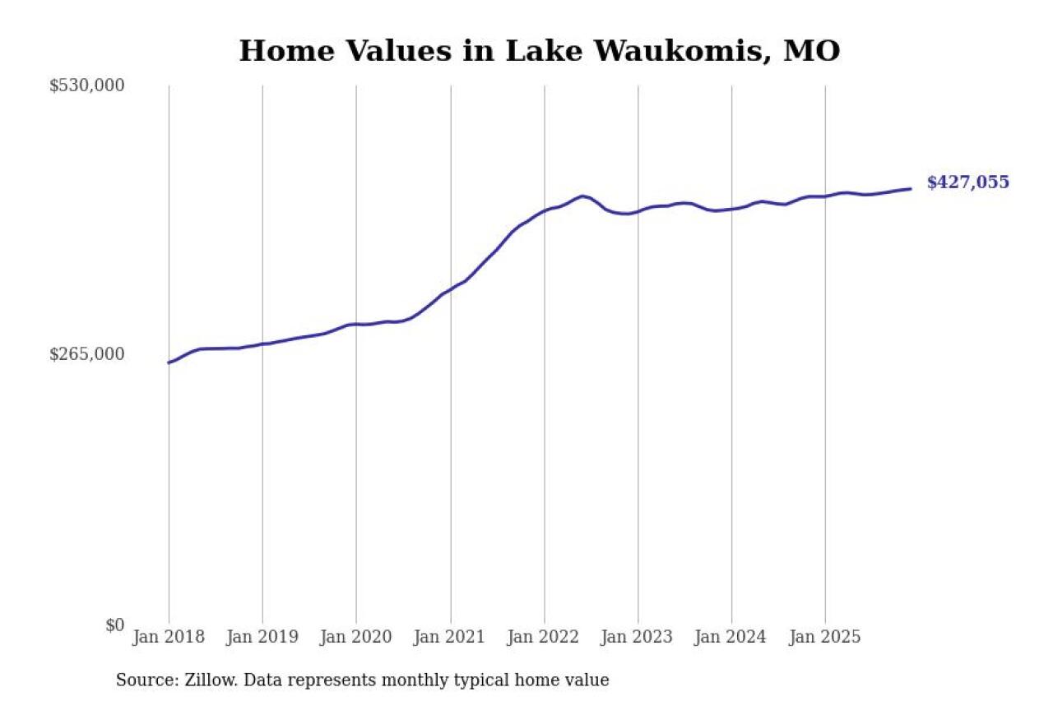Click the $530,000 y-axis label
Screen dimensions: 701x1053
tap(86, 85)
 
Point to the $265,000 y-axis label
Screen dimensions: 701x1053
tap(86, 354)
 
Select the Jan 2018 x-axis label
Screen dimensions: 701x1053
tap(169, 638)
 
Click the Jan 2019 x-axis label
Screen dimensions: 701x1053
tap(262, 638)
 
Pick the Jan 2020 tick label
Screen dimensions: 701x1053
tap(356, 638)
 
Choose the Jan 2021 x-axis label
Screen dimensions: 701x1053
tap(450, 638)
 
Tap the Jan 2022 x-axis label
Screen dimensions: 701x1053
tap(544, 638)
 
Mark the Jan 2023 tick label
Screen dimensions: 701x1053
tap(638, 638)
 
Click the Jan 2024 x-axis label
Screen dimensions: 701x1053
tap(731, 638)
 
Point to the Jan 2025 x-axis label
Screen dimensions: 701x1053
tap(825, 638)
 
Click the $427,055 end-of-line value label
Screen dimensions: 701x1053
tap(967, 182)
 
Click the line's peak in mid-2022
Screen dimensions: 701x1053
tap(582, 196)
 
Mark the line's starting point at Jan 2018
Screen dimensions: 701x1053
tap(169, 362)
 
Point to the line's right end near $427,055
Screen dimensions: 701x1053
tap(910, 189)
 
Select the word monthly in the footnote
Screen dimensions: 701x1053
tap(475, 680)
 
